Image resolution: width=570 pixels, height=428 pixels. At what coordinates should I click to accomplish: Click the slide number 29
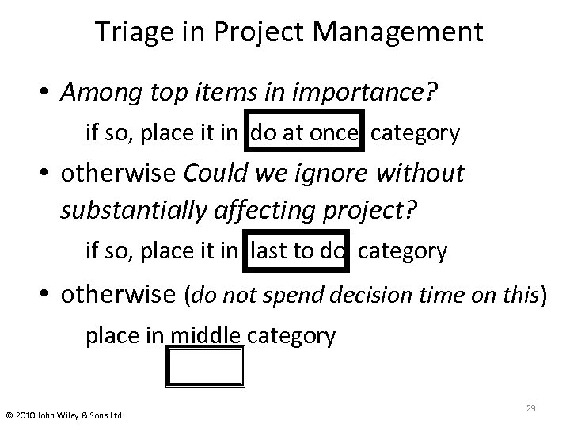click(x=531, y=407)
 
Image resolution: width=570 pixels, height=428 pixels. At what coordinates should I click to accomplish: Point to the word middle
click(x=205, y=336)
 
